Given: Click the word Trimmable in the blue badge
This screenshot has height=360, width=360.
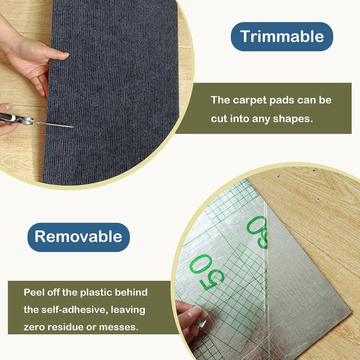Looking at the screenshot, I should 282,36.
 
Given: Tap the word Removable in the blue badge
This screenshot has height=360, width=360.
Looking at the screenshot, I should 78,236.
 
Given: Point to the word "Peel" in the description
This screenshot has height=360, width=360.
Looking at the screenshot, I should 34,292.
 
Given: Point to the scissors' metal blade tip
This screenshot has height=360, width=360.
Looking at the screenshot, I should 71,126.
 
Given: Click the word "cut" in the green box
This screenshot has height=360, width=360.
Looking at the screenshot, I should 220,119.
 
